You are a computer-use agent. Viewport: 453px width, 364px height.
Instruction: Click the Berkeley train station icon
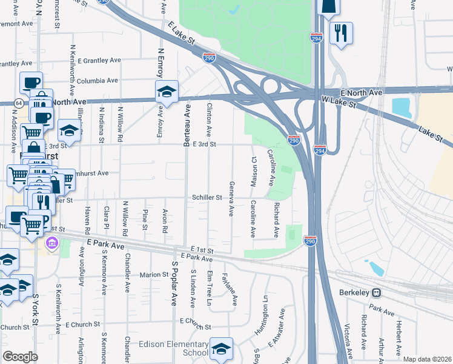[x=376, y=292]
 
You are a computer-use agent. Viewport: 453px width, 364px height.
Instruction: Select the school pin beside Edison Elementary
[x=222, y=348]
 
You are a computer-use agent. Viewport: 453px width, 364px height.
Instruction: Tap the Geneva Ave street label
[x=231, y=198]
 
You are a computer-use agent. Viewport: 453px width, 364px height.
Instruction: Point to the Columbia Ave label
[x=97, y=80]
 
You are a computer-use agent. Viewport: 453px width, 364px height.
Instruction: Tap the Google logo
[x=20, y=357]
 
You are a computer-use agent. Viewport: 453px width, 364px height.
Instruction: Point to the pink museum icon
[x=52, y=244]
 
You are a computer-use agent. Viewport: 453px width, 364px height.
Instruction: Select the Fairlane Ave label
[x=234, y=288]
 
